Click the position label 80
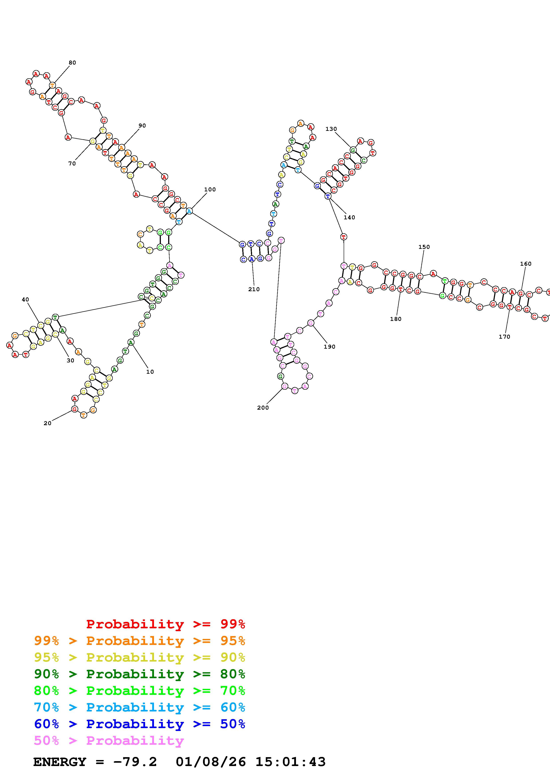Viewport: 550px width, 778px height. [72, 63]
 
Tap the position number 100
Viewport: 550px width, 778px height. [210, 189]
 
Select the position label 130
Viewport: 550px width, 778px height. [331, 129]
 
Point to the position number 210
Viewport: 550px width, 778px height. [254, 289]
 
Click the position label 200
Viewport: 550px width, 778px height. [263, 408]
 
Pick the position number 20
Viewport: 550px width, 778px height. [47, 423]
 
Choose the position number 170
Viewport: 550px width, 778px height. [504, 336]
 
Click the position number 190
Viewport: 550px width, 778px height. [329, 347]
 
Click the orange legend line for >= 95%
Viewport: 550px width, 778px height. [140, 641]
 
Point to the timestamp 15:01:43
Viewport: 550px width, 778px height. [290, 762]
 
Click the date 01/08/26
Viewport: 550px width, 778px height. [211, 762]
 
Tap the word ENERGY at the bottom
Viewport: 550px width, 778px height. [60, 762]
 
